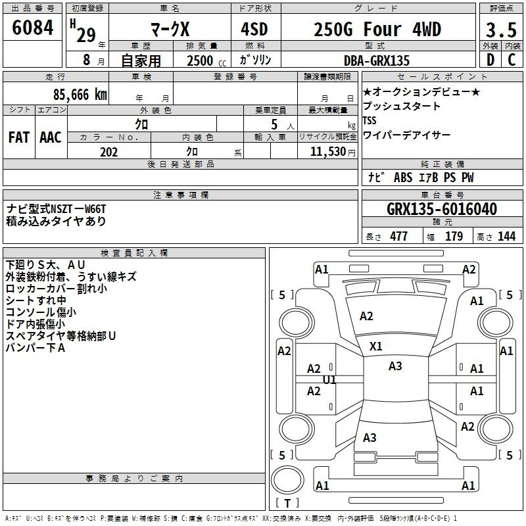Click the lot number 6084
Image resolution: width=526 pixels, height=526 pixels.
32,28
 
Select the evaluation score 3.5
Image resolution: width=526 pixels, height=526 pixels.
501,30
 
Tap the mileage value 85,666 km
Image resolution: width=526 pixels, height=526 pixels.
80,95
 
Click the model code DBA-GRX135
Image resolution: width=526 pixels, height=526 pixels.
377,60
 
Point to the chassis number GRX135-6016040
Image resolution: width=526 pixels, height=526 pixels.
442,209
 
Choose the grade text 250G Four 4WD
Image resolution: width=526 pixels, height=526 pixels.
377,29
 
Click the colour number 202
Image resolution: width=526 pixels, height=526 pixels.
108,152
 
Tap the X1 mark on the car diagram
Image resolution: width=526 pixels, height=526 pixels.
375,347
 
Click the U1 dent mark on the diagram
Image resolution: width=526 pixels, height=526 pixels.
329,380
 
